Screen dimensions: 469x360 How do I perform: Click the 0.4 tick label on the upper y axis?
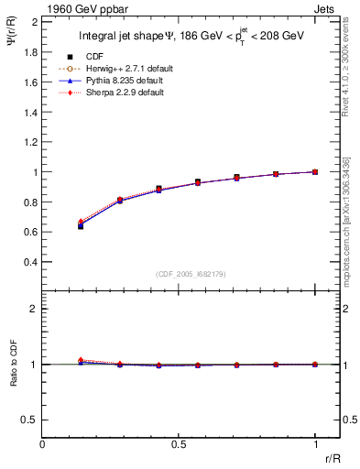click(x=30, y=262)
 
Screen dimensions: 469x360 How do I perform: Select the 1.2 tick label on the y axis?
click(x=30, y=142)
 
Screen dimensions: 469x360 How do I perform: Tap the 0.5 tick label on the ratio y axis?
click(x=30, y=420)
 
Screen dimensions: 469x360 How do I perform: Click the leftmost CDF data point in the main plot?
click(x=81, y=225)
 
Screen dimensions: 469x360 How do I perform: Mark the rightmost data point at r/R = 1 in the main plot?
click(x=315, y=171)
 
